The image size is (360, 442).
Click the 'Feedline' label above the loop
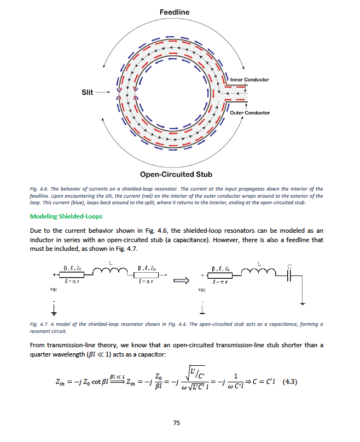[x=175, y=12]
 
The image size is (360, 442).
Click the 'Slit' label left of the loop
[x=87, y=93]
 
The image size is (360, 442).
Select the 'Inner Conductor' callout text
[x=249, y=79]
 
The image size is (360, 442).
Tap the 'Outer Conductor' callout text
[x=249, y=113]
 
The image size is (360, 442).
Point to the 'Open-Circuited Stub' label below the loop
[x=172, y=175]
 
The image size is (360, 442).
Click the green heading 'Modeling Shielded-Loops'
[x=66, y=216]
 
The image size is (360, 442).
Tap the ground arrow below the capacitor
[x=302, y=302]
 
